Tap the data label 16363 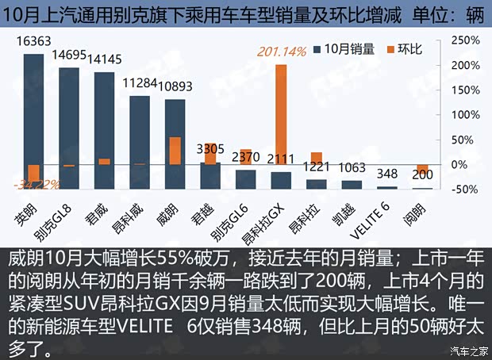pos(33,46)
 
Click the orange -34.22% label pos(35,185)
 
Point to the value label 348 pos(386,174)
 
